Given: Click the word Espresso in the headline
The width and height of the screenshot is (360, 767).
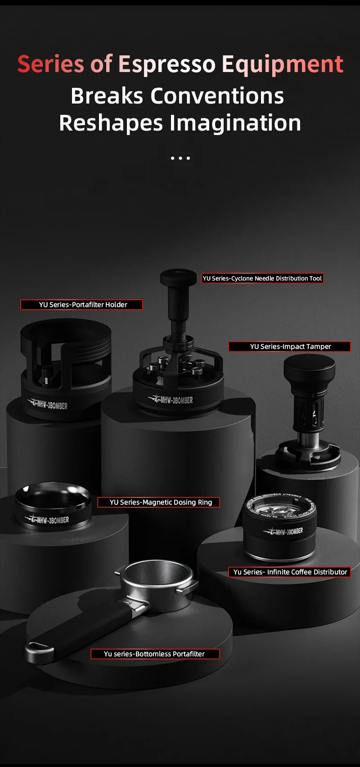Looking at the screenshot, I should pyautogui.click(x=167, y=64).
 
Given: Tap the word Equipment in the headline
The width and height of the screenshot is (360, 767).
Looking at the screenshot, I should pyautogui.click(x=282, y=64).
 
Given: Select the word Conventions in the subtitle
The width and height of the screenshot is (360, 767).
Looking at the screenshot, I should pyautogui.click(x=217, y=96).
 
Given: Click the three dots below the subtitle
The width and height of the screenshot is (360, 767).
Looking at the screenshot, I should pyautogui.click(x=180, y=158).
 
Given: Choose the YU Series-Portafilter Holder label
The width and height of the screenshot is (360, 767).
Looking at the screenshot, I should pyautogui.click(x=81, y=305).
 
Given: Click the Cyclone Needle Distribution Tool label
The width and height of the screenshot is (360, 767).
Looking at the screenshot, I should pyautogui.click(x=262, y=279).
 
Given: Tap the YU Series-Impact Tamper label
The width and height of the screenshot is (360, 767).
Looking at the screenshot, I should pyautogui.click(x=289, y=347).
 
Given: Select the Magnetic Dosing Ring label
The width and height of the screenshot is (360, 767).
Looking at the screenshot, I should pyautogui.click(x=159, y=502).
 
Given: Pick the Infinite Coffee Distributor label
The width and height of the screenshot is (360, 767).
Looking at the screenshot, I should pyautogui.click(x=289, y=572).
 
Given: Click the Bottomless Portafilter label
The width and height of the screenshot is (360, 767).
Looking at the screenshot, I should pyautogui.click(x=155, y=654).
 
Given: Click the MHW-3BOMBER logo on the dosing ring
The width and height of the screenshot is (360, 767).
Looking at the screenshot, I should pyautogui.click(x=49, y=520).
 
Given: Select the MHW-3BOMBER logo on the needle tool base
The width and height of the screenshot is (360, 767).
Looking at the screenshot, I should pyautogui.click(x=172, y=400).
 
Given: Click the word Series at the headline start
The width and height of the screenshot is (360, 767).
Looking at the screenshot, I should pyautogui.click(x=50, y=64).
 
